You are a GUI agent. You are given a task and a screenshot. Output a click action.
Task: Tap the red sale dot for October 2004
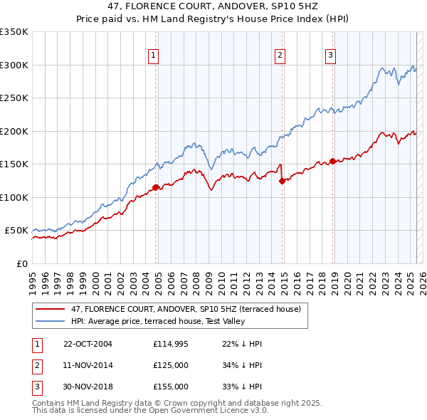(x=155, y=188)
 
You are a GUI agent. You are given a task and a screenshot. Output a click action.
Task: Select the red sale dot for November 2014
(x=282, y=181)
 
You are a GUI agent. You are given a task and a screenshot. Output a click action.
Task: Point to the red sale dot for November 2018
(x=333, y=162)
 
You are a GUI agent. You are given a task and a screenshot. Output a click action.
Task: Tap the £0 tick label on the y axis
(x=21, y=263)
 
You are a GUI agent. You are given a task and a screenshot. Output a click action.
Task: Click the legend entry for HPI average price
(x=157, y=322)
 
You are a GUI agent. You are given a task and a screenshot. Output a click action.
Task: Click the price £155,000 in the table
(x=171, y=387)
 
